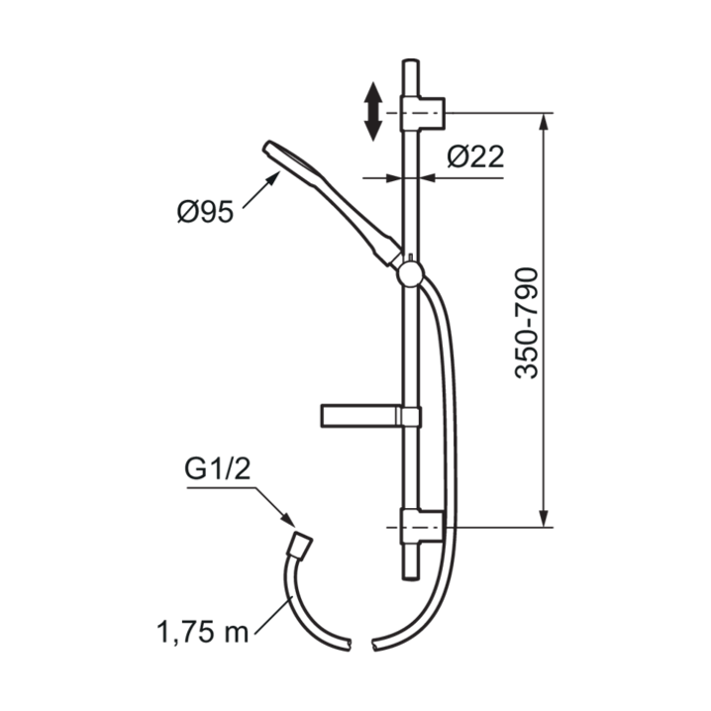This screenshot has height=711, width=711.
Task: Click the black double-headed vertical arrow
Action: pyautogui.click(x=373, y=111)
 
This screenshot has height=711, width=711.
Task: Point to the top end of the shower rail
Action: pyautogui.click(x=410, y=64)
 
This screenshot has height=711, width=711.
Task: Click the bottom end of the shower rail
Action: pyautogui.click(x=410, y=576)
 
